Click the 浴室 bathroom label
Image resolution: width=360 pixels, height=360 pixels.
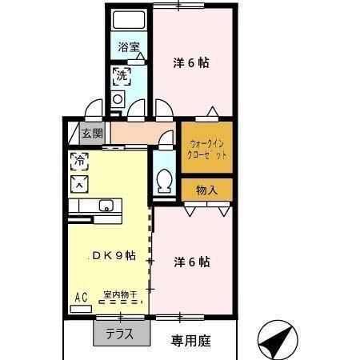(x=129, y=47)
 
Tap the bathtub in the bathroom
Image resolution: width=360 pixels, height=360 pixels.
(x=128, y=22)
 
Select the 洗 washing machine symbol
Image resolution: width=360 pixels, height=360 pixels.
(x=121, y=77)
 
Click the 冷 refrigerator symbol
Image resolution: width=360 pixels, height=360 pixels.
(x=80, y=160)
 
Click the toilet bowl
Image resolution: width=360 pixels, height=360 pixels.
(x=165, y=182)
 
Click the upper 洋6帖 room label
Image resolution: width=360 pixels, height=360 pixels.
(x=192, y=62)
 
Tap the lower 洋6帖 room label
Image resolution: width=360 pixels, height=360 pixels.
(x=192, y=261)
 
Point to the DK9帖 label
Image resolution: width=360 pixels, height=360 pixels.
(x=112, y=256)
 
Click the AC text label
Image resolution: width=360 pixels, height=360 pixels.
(x=81, y=298)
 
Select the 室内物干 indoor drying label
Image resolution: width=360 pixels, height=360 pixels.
(x=120, y=294)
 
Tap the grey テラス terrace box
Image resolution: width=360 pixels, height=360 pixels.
(x=119, y=332)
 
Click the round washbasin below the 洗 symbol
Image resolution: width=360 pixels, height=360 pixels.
(x=118, y=99)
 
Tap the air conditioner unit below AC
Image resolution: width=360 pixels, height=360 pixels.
(x=81, y=308)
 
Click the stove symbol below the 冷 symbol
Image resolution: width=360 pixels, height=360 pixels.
(x=80, y=184)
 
